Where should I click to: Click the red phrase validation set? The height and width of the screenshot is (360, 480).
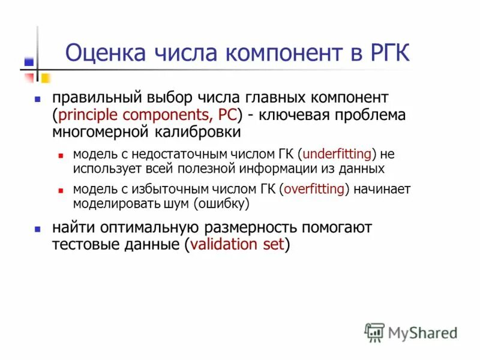point(237,245)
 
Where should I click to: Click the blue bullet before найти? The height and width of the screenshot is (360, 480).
point(37,229)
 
